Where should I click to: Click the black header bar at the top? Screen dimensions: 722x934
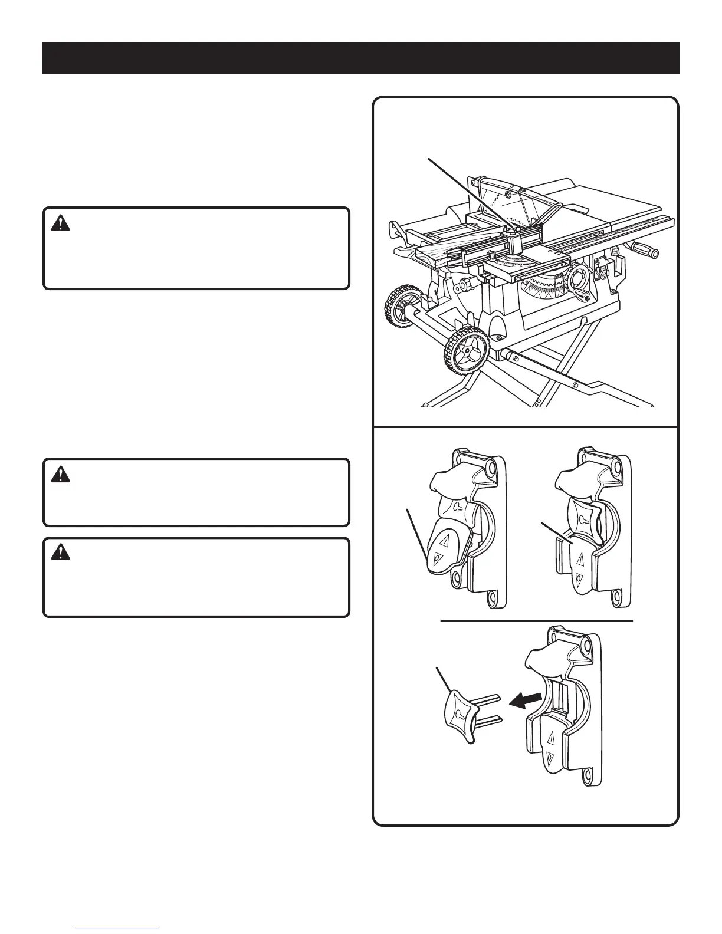click(360, 58)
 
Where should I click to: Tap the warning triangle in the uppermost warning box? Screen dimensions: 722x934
click(60, 223)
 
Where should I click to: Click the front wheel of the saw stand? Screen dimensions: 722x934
click(466, 351)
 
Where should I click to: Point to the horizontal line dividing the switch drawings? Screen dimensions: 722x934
click(536, 621)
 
